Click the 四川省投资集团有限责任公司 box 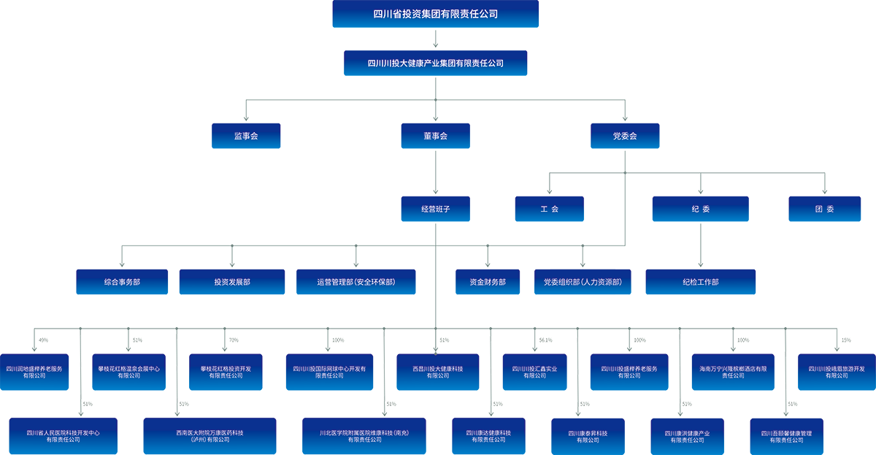pyautogui.click(x=435, y=14)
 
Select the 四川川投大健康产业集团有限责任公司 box pyautogui.click(x=435, y=63)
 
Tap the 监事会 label pyautogui.click(x=246, y=136)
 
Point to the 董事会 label pyautogui.click(x=435, y=136)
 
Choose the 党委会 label pyautogui.click(x=625, y=136)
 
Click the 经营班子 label pyautogui.click(x=435, y=209)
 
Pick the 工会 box pyautogui.click(x=549, y=209)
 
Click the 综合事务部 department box pyautogui.click(x=122, y=282)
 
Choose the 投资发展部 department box pyautogui.click(x=232, y=282)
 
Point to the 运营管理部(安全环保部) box pyautogui.click(x=357, y=282)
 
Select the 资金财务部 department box pyautogui.click(x=487, y=282)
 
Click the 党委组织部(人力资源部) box pyautogui.click(x=583, y=282)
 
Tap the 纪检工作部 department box pyautogui.click(x=701, y=282)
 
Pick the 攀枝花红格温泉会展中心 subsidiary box pyautogui.click(x=128, y=372)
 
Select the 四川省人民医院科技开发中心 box pyautogui.click(x=63, y=436)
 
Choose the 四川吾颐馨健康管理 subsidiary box pyautogui.click(x=785, y=436)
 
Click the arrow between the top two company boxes pyautogui.click(x=435, y=38)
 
